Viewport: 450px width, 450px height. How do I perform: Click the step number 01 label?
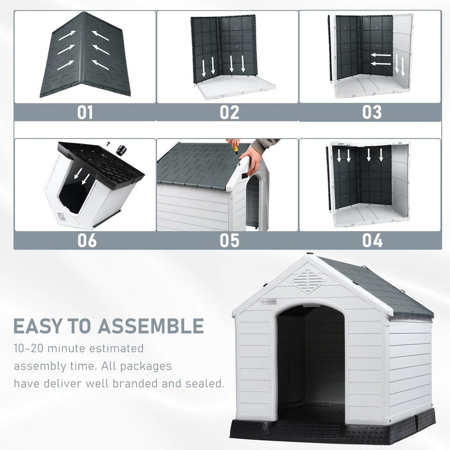85,112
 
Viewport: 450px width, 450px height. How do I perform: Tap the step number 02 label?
229,112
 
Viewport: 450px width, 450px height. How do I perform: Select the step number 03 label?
372,112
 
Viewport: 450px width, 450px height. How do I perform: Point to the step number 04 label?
372,240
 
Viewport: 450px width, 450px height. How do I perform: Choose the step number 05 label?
229,240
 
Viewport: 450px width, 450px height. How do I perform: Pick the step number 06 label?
87,240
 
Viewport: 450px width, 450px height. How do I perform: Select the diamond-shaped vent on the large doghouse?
308,281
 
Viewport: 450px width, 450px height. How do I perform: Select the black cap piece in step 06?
121,150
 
